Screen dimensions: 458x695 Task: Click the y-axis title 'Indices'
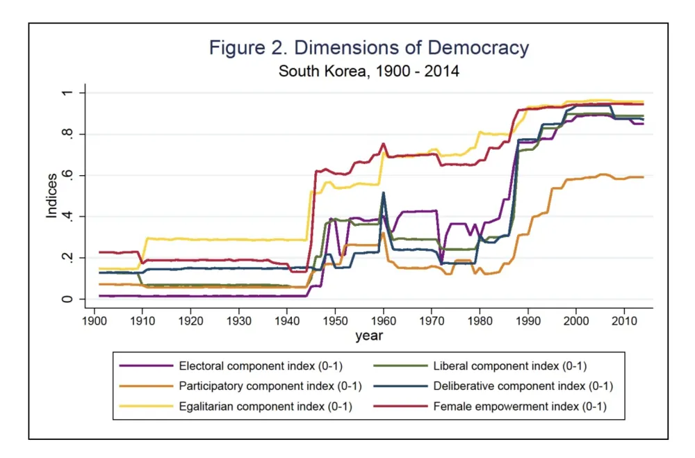(51, 196)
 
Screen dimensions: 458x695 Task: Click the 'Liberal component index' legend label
(511, 366)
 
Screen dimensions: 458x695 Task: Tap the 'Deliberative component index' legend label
(523, 386)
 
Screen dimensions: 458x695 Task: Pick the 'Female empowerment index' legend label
(520, 407)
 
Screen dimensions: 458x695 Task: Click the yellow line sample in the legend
(146, 407)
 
